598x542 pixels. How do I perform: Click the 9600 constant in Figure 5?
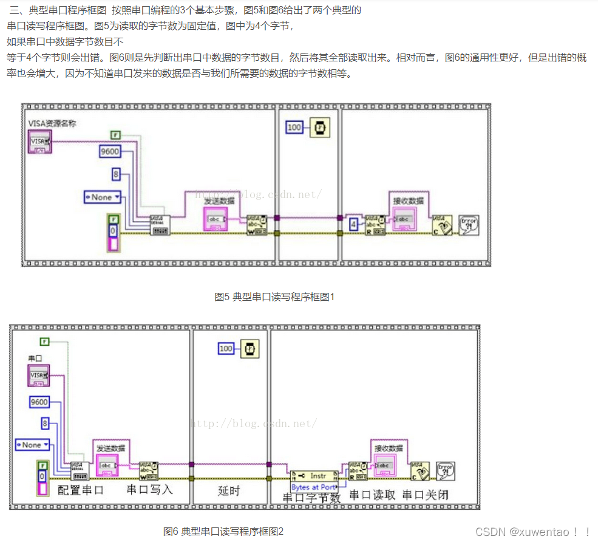tap(110, 151)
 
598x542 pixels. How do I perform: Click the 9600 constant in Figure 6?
tap(39, 402)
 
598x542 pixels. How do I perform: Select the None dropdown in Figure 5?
tap(102, 197)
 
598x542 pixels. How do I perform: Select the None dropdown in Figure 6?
tap(32, 445)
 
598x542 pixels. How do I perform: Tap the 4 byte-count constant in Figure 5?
tap(353, 224)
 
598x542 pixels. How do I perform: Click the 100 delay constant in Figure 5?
tap(294, 128)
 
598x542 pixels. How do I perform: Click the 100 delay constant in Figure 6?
tap(226, 348)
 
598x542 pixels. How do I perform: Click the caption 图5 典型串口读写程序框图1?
tap(274, 297)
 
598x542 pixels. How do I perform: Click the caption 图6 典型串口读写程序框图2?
tap(223, 531)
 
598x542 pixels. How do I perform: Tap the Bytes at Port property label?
tap(313, 487)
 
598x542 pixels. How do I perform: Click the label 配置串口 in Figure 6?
tap(81, 490)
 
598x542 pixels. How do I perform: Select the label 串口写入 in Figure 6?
tap(149, 489)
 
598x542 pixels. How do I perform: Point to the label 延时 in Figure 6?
tap(229, 490)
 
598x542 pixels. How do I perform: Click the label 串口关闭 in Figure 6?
tap(426, 495)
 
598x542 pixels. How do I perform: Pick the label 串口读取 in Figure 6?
tap(373, 495)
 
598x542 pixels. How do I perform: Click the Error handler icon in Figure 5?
tap(468, 224)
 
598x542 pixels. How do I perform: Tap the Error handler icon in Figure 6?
tap(446, 470)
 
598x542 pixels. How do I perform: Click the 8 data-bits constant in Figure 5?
tap(115, 175)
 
